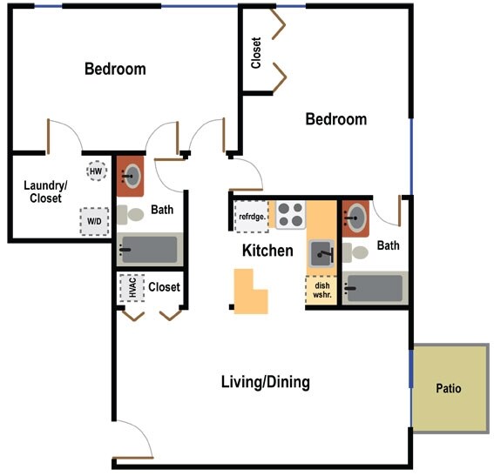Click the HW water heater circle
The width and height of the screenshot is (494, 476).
(x=96, y=171)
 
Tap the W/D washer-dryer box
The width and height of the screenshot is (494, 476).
(x=93, y=221)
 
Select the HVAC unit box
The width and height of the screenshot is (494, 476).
(x=132, y=288)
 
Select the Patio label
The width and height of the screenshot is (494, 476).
(x=448, y=388)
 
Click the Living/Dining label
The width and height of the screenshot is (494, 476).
(x=265, y=382)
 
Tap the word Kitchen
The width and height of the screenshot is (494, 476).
(x=267, y=251)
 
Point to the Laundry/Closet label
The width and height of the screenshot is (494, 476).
(x=43, y=191)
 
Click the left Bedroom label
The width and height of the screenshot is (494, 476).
(x=114, y=69)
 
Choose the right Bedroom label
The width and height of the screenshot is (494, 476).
(x=335, y=119)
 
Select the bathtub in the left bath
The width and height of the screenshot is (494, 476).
(x=149, y=250)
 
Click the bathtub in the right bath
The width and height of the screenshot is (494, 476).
(x=375, y=288)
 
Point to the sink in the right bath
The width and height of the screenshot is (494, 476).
(x=355, y=218)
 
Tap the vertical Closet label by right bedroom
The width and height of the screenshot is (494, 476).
(x=256, y=52)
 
